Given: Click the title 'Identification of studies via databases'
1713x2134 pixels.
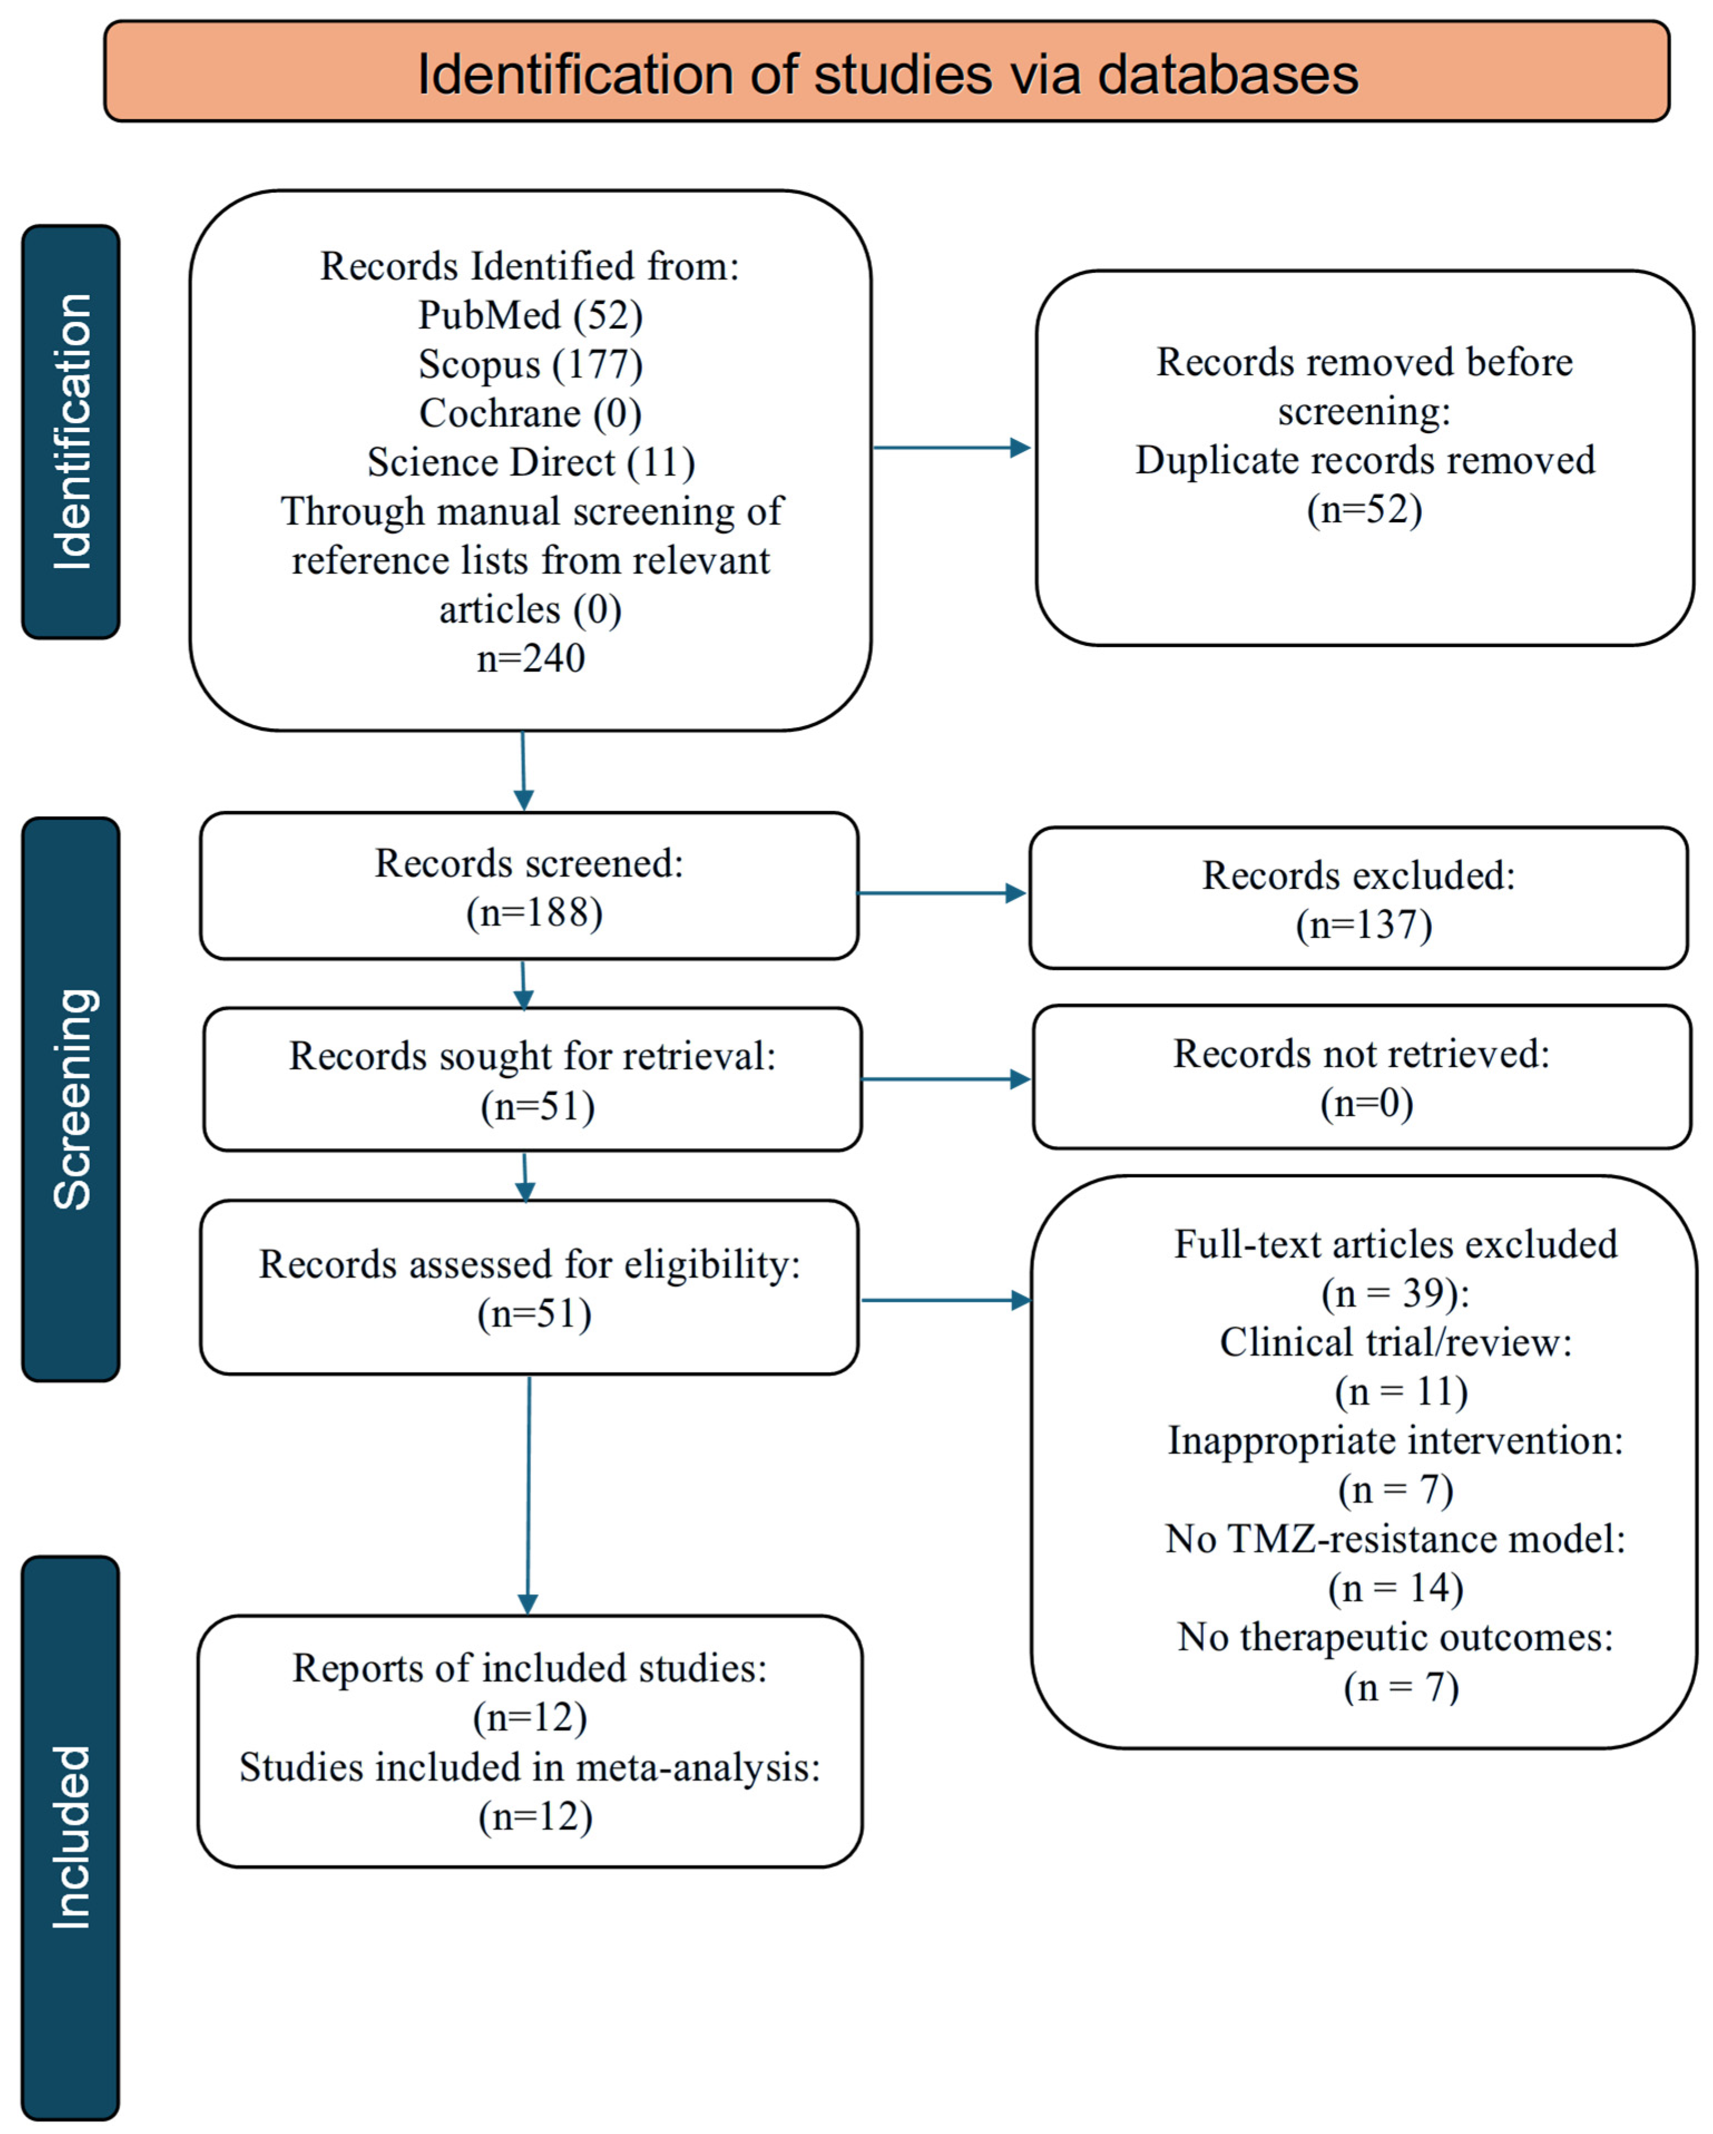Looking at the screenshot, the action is tap(887, 74).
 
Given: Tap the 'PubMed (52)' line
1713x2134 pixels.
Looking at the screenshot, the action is tap(531, 315).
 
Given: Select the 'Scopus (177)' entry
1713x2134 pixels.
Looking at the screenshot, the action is tap(531, 364).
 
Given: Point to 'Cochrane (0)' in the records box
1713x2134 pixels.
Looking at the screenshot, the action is tap(531, 413).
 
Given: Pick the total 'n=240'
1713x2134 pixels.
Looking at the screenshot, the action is tap(531, 658).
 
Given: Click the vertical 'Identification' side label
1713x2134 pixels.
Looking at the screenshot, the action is tap(71, 432).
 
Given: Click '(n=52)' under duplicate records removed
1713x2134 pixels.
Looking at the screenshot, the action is tap(1364, 509).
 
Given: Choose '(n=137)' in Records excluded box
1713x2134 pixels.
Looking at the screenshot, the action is tap(1364, 924).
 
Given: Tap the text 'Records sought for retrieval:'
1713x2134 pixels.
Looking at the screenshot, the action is tap(532, 1056).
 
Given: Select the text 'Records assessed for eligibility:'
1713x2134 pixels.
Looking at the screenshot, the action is tap(529, 1264).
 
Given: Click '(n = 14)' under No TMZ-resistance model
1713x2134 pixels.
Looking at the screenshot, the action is tap(1395, 1588).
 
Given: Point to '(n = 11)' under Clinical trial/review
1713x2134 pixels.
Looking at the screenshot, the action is tap(1400, 1392).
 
